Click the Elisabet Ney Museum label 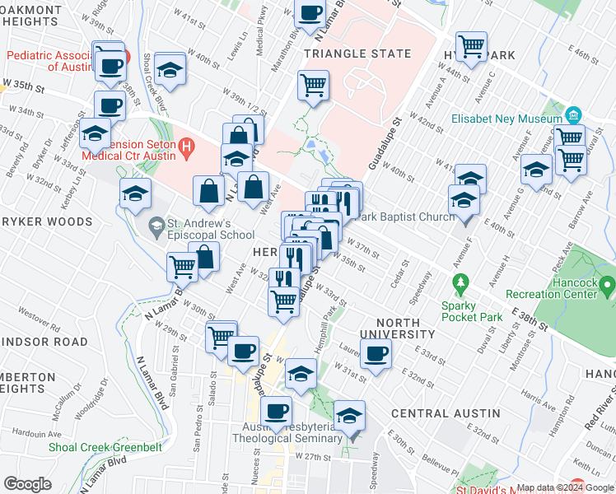(x=505, y=118)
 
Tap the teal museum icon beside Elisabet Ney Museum (x=574, y=114)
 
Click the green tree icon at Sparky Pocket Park (x=461, y=284)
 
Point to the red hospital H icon (x=187, y=149)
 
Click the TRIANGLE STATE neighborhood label (x=357, y=54)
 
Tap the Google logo (x=27, y=484)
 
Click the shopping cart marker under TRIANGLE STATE (x=313, y=84)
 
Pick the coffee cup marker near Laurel (x=376, y=353)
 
